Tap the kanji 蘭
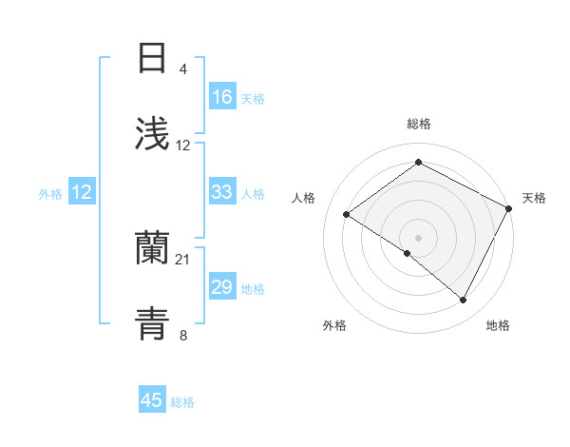[152, 248]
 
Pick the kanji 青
[152, 323]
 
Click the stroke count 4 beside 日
[183, 69]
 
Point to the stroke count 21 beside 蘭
[183, 260]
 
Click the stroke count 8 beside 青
[183, 335]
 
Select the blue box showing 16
[222, 97]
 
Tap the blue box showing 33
[222, 192]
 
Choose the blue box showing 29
[222, 287]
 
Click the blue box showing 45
[152, 400]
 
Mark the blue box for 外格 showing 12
[82, 192]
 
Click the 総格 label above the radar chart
[418, 125]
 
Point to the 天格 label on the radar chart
[534, 198]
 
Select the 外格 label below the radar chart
[334, 325]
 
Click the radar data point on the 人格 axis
[347, 214]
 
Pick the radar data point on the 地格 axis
[464, 300]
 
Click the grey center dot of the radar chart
[418, 237]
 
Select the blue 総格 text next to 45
[182, 402]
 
